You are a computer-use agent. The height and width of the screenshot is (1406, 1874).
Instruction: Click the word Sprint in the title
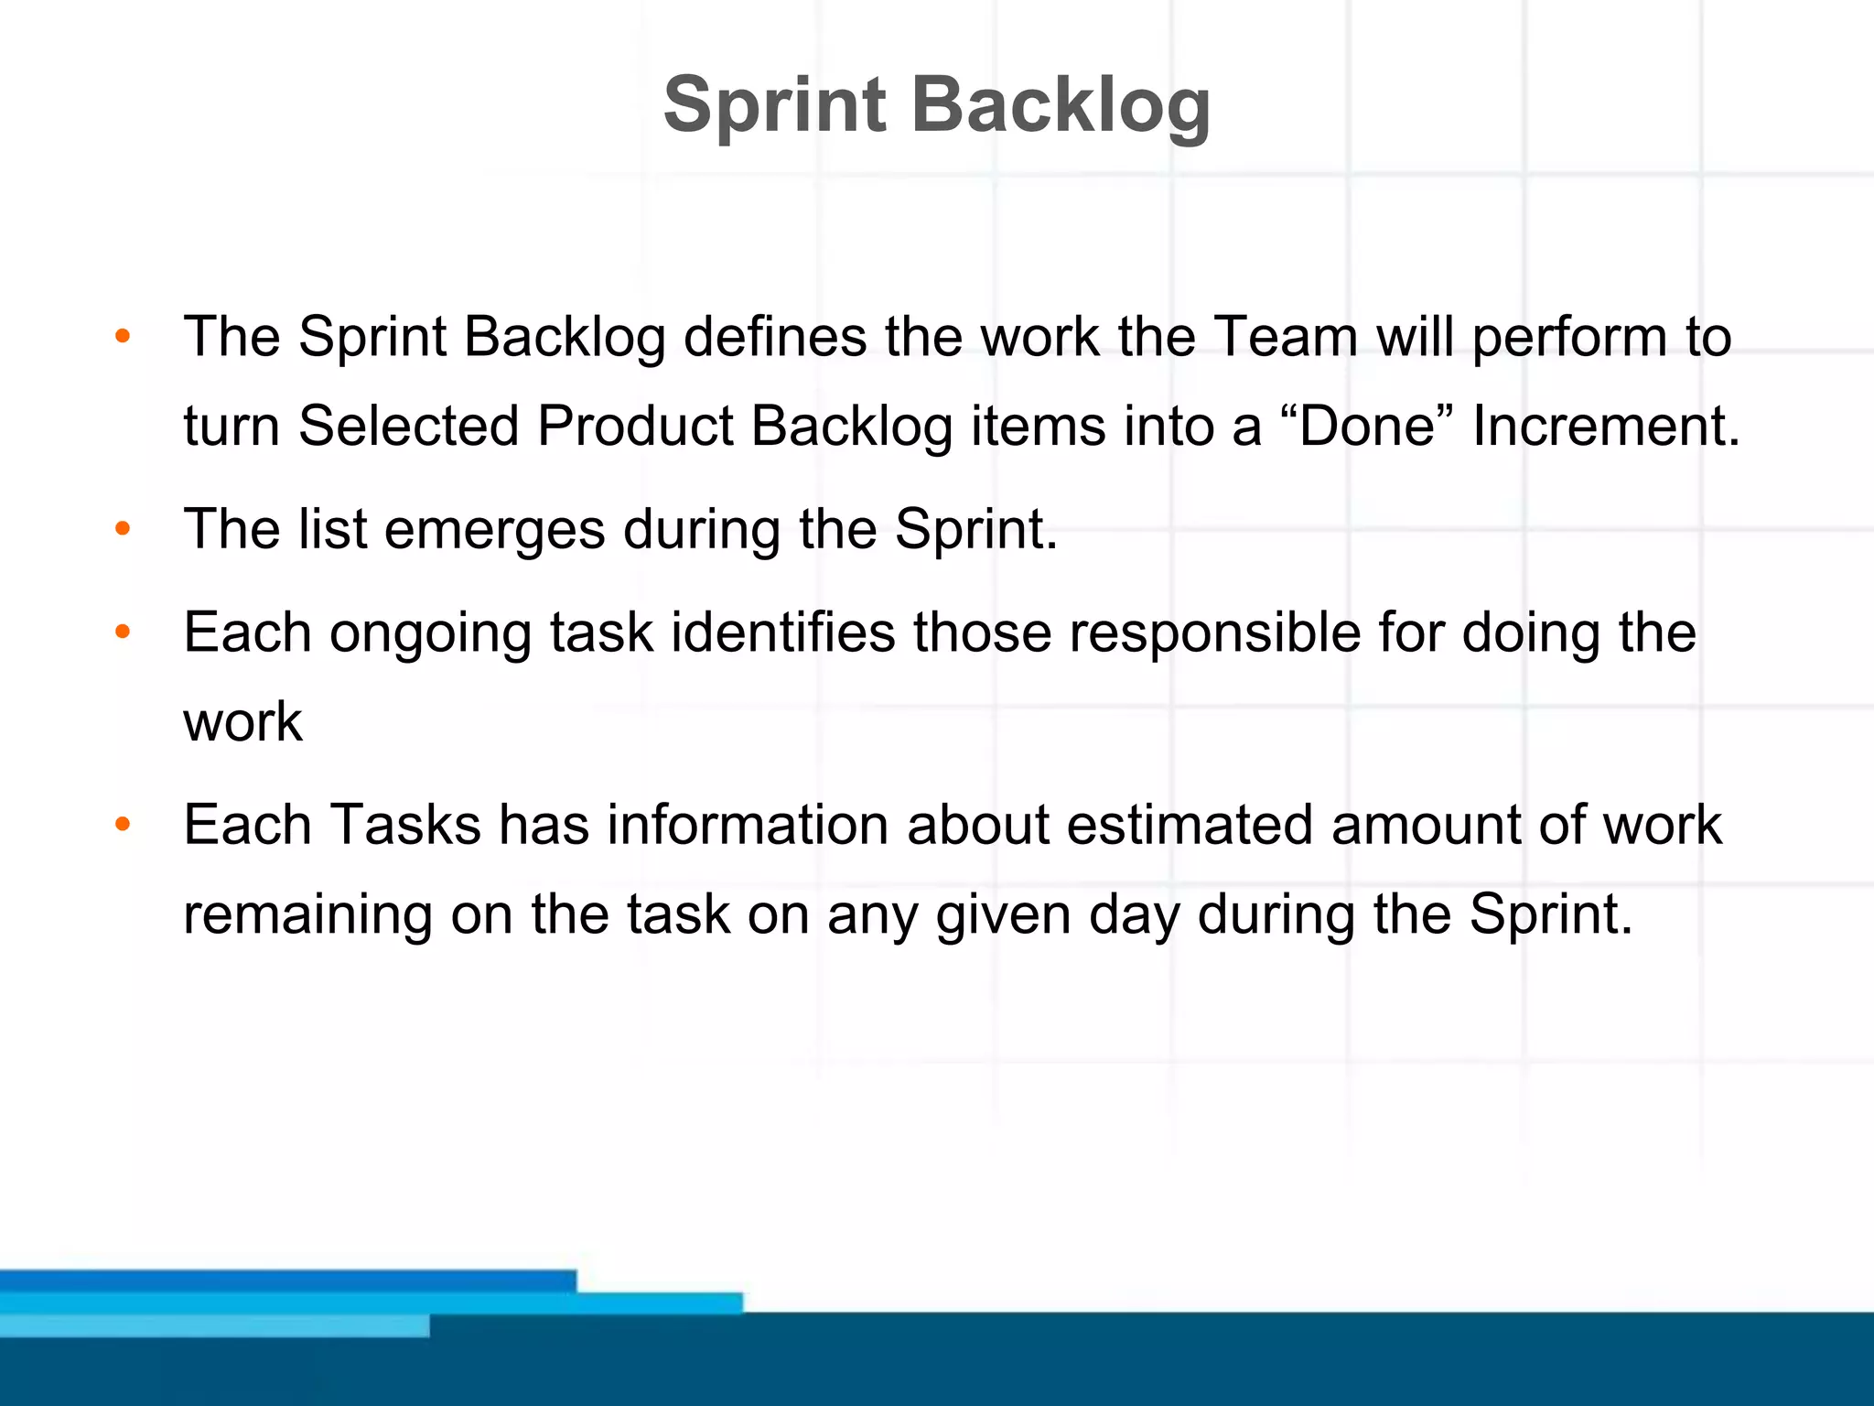coord(774,105)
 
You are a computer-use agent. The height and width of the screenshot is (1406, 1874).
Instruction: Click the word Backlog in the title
coord(1061,105)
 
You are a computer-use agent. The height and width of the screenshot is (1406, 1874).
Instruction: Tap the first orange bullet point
coord(123,336)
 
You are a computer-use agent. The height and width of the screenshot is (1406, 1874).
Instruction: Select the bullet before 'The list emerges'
coord(123,529)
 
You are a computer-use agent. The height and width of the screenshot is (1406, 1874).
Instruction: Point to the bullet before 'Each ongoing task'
coord(123,632)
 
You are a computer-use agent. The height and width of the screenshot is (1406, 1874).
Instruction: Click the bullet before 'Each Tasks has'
coord(123,825)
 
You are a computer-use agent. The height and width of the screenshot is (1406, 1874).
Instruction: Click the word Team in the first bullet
coord(1285,336)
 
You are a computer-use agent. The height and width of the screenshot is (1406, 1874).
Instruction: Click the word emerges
coord(494,529)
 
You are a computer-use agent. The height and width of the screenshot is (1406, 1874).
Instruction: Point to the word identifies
coord(783,632)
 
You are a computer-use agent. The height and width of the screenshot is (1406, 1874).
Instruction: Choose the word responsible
coord(1215,632)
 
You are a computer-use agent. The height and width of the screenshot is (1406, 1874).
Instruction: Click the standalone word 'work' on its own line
coord(242,721)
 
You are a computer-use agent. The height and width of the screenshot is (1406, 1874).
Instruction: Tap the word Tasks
coord(405,825)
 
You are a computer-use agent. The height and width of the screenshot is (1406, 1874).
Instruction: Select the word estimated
coord(1190,825)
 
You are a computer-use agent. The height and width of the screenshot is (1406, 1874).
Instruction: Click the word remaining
coord(307,914)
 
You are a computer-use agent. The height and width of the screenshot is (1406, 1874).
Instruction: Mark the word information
coord(748,825)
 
